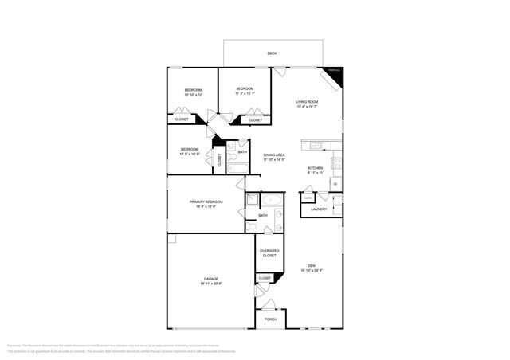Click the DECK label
273,54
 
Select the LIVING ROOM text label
308,102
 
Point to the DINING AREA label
275,155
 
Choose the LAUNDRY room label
319,209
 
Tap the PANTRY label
307,198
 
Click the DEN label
312,266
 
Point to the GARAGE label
210,278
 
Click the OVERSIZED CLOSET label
269,253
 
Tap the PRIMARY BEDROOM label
206,202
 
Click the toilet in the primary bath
253,227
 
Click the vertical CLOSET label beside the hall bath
220,159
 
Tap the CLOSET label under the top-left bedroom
182,119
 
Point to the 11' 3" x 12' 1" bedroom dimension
245,93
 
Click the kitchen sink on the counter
316,146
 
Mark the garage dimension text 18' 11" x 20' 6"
210,284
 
